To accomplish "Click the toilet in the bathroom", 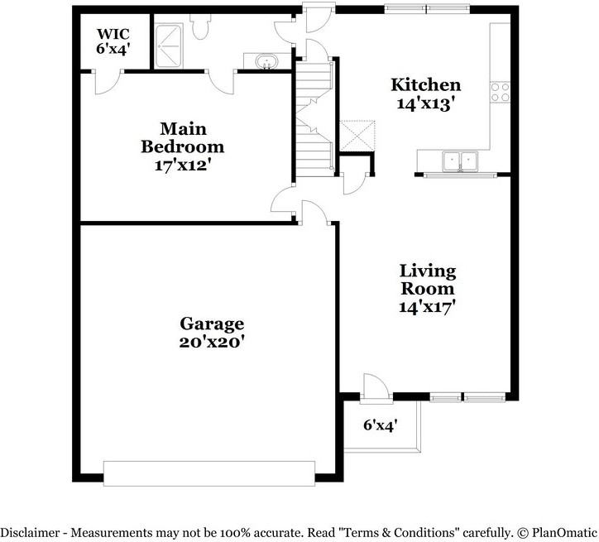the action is pyautogui.click(x=199, y=26).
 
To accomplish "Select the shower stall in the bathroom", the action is pyautogui.click(x=169, y=46).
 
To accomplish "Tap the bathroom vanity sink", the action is pyautogui.click(x=266, y=61).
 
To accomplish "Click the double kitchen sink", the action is pyautogui.click(x=460, y=161).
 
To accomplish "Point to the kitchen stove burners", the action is pyautogui.click(x=500, y=92).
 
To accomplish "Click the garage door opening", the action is pyautogui.click(x=209, y=473).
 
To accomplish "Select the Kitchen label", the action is pyautogui.click(x=425, y=84).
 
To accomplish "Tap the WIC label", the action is pyautogui.click(x=113, y=34).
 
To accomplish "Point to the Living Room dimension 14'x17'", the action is pyautogui.click(x=428, y=307).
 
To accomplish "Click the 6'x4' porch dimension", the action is pyautogui.click(x=381, y=424).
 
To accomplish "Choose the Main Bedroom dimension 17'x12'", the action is pyautogui.click(x=183, y=165).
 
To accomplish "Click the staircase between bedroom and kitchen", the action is pyautogui.click(x=314, y=118).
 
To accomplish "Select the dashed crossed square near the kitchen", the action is pyautogui.click(x=357, y=136).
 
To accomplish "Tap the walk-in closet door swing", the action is pyautogui.click(x=108, y=82).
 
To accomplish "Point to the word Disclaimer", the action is pyautogui.click(x=30, y=532).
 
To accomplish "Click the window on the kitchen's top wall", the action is pyautogui.click(x=427, y=9).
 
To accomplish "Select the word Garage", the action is pyautogui.click(x=212, y=324).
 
